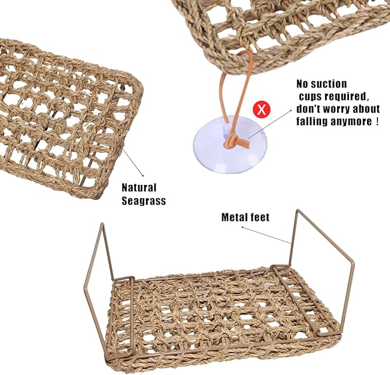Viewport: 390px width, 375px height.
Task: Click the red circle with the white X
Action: click(x=261, y=109)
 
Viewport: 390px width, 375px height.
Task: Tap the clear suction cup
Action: click(x=230, y=144)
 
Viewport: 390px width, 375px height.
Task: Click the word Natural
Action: click(x=139, y=187)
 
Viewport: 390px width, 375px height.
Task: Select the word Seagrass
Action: click(x=144, y=200)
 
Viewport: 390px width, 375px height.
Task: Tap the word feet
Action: click(x=260, y=217)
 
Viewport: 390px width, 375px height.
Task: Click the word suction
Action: click(x=329, y=84)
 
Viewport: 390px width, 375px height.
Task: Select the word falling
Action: click(x=312, y=122)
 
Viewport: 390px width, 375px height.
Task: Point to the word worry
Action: click(x=339, y=109)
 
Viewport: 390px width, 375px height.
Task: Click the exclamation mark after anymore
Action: click(x=377, y=121)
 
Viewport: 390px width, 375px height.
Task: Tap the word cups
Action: click(x=310, y=96)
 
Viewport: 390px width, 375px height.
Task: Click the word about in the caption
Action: click(x=368, y=109)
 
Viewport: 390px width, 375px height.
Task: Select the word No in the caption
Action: click(x=302, y=84)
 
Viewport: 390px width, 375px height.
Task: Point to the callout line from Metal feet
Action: click(x=267, y=235)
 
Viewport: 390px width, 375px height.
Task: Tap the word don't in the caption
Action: click(x=309, y=109)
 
